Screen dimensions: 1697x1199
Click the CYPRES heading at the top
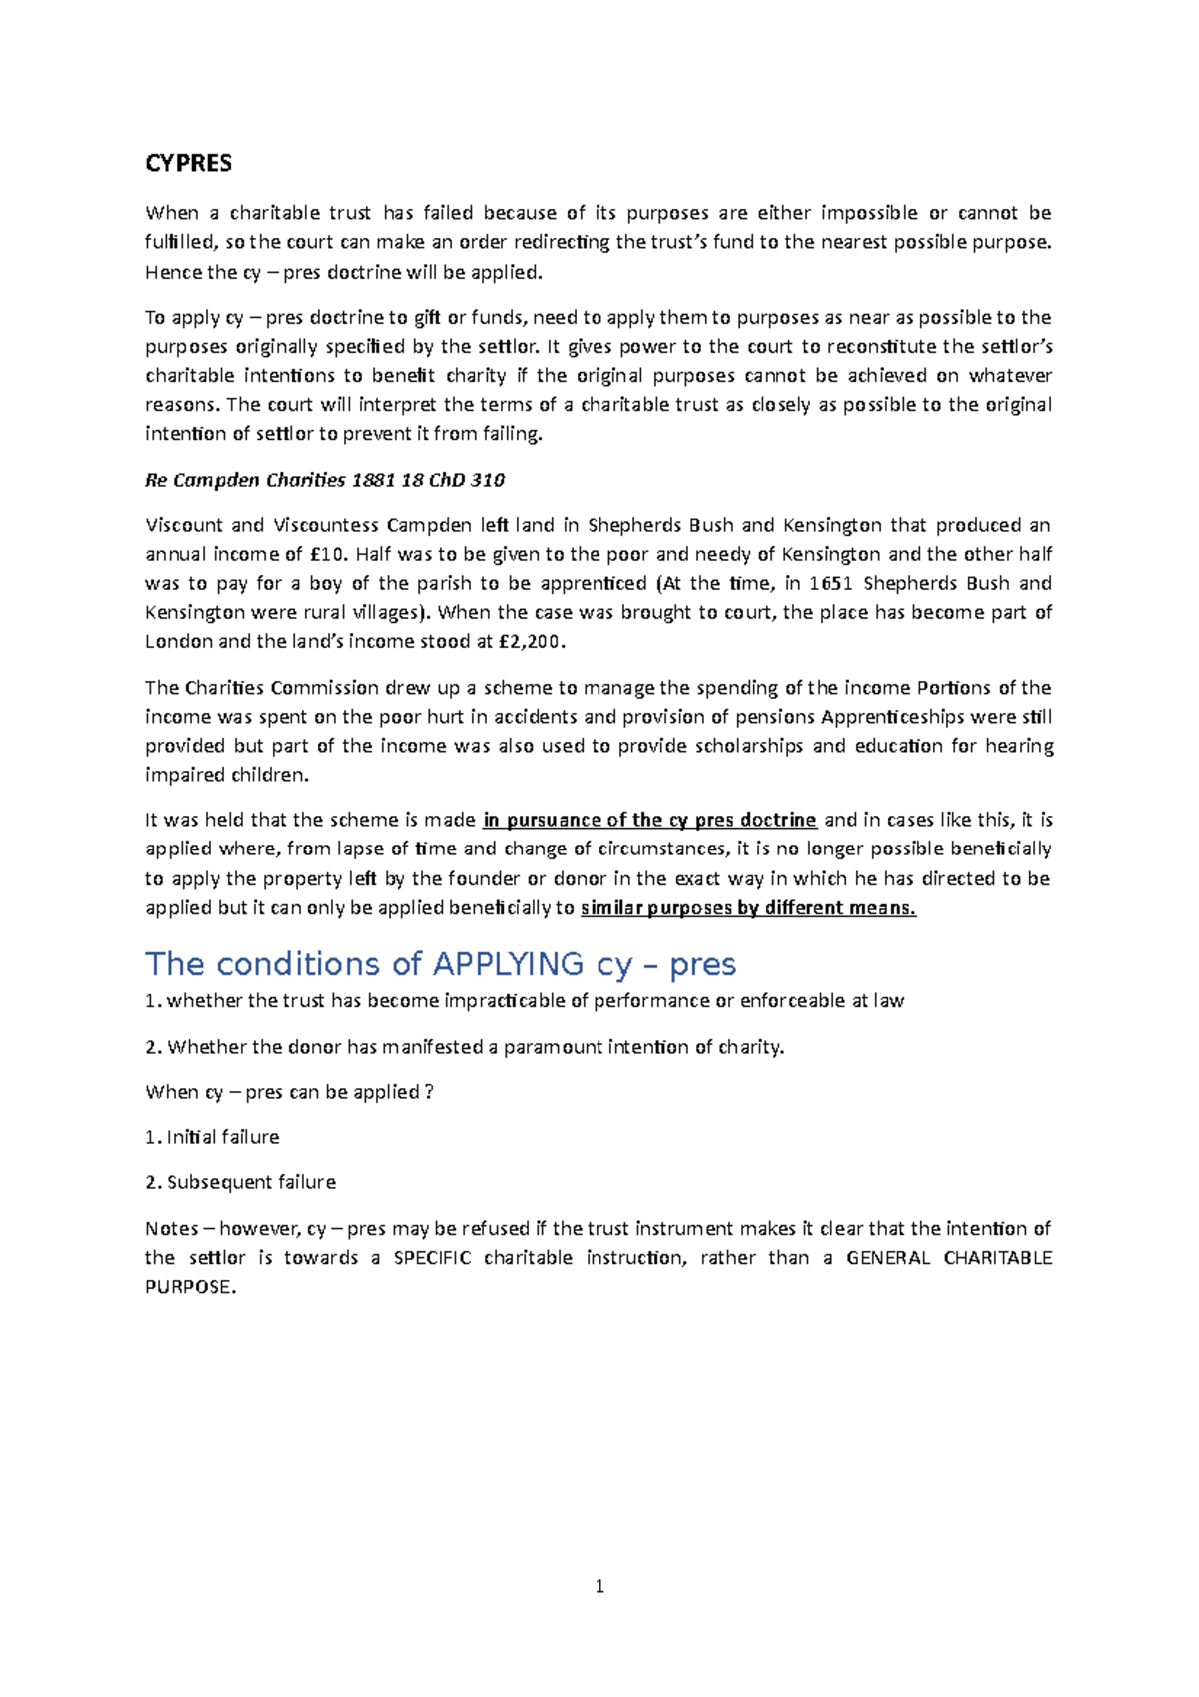pyautogui.click(x=188, y=163)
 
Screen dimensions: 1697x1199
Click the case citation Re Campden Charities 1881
pyautogui.click(x=325, y=480)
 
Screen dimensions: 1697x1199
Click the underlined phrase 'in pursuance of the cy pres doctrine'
pyautogui.click(x=649, y=820)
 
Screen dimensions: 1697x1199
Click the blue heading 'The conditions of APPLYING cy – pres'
pyautogui.click(x=441, y=964)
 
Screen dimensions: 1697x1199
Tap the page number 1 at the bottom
pyautogui.click(x=599, y=1586)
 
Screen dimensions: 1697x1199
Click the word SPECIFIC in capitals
pyautogui.click(x=432, y=1258)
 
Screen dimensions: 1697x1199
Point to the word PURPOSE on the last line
pyautogui.click(x=189, y=1287)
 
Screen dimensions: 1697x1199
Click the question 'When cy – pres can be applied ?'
pyautogui.click(x=289, y=1092)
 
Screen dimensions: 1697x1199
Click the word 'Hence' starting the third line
pyautogui.click(x=173, y=272)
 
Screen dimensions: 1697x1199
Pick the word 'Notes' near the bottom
pyautogui.click(x=171, y=1228)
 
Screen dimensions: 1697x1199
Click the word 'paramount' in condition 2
pyautogui.click(x=555, y=1047)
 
